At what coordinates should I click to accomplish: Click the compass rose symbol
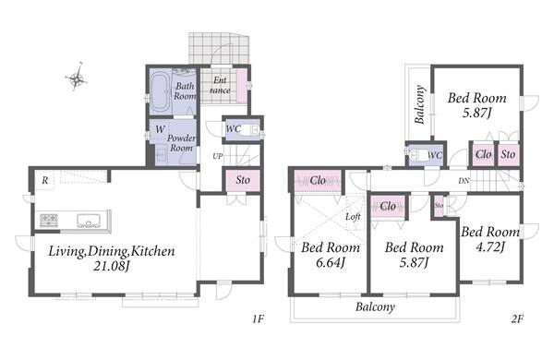tap(77, 78)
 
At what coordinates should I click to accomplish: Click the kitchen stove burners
tap(49, 220)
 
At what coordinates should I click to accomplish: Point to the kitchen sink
tap(89, 221)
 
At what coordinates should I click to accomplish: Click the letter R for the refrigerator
tap(45, 181)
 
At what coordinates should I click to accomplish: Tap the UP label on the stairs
tap(218, 156)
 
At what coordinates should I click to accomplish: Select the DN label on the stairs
tap(464, 181)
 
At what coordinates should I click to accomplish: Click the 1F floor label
tap(259, 319)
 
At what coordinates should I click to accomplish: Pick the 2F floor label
tap(517, 319)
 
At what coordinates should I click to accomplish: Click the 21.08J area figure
tap(112, 266)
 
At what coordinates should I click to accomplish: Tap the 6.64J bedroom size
tap(330, 263)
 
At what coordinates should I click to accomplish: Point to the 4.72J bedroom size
tap(490, 246)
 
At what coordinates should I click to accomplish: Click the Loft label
tap(353, 217)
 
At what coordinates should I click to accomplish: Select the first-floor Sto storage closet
tap(243, 180)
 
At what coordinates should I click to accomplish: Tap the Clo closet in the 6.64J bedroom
tap(318, 181)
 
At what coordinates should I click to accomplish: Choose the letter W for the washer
tap(160, 129)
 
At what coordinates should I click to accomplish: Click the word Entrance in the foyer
tap(220, 85)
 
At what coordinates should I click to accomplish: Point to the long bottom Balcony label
tap(375, 307)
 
